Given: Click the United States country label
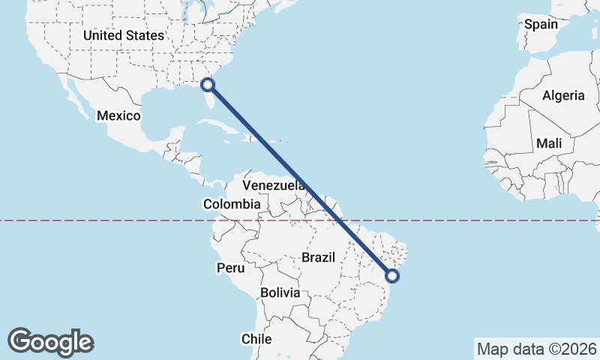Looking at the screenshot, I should coord(123,35).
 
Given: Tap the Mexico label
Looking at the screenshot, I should coord(118,115).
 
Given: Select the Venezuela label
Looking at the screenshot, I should coord(273,184).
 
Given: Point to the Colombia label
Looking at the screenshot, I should coord(232,204).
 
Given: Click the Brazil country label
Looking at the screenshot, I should coord(317,257).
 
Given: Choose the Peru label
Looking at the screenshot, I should coord(231,268).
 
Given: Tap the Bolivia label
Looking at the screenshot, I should coord(280,292).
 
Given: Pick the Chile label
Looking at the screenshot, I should coord(256,339).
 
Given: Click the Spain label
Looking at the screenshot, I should coord(541,24).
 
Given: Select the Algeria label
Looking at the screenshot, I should coord(562,95).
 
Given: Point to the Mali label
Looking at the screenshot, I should coord(548,143).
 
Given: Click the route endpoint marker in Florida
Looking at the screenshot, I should coord(209,85).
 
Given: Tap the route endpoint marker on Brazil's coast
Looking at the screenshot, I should coord(392,276).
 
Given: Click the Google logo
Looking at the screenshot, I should coord(50,341).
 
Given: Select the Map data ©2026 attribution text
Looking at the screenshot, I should coord(536,349).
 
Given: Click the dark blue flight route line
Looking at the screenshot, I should coord(300,180).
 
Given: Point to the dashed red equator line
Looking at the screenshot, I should coord(112,220).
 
